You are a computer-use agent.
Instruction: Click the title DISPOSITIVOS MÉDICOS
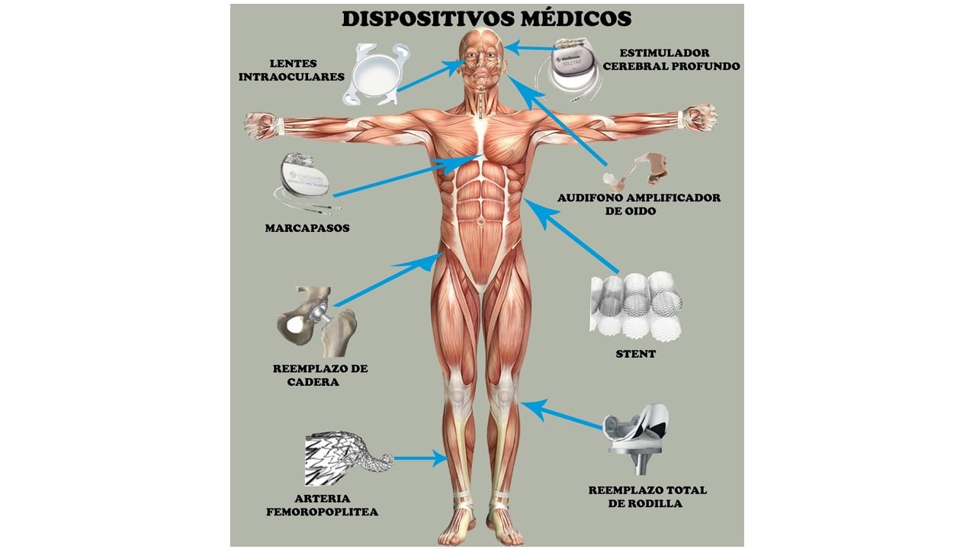pos(486,18)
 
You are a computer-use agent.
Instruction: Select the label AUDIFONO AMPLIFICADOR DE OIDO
pos(639,204)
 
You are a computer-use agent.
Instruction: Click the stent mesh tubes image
pos(635,305)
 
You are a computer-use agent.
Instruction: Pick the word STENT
pos(635,354)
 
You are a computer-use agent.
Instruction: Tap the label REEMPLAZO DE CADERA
pos(319,375)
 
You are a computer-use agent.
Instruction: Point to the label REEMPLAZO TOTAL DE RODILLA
pos(647,496)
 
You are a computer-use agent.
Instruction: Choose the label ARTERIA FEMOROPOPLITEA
pos(322,506)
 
